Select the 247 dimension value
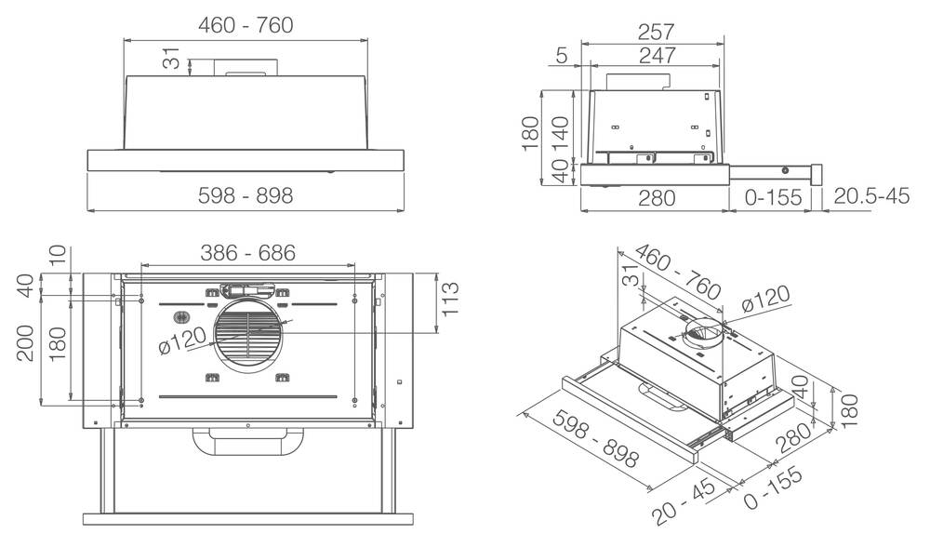click(x=658, y=56)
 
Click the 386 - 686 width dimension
click(x=247, y=252)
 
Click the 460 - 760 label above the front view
click(x=246, y=25)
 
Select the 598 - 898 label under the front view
click(x=246, y=196)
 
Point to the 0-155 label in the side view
click(x=773, y=196)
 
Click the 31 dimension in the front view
click(x=171, y=61)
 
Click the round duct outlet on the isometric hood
click(x=703, y=332)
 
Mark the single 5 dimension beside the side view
click(x=562, y=56)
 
